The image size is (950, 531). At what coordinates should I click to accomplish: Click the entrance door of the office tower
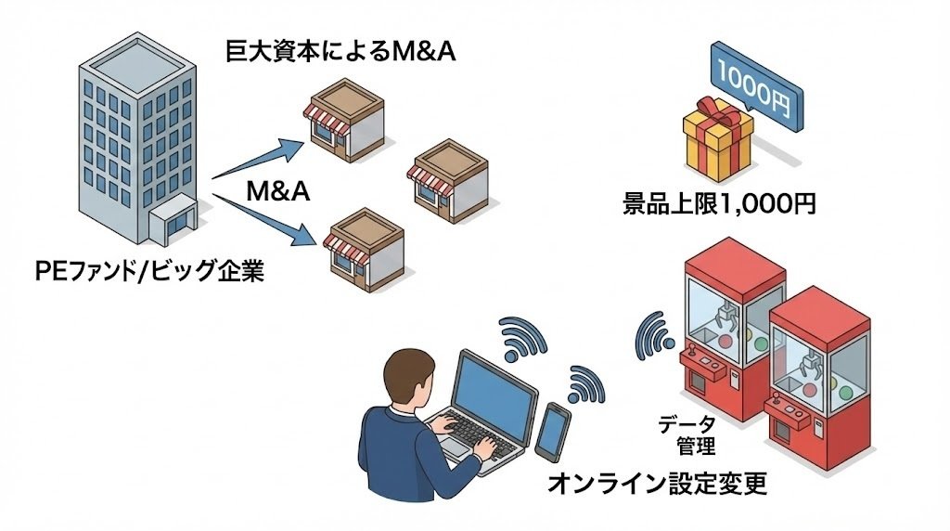tap(173, 224)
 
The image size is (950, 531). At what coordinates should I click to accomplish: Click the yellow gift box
tap(717, 143)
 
